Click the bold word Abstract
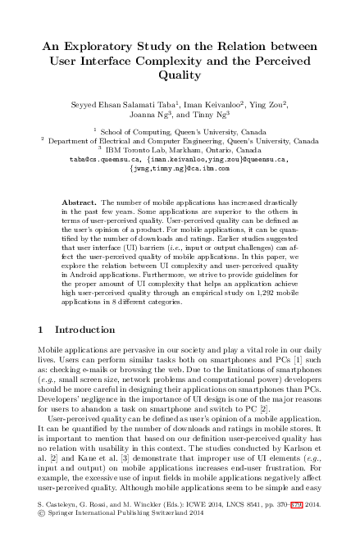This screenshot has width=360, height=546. pos(79,202)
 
